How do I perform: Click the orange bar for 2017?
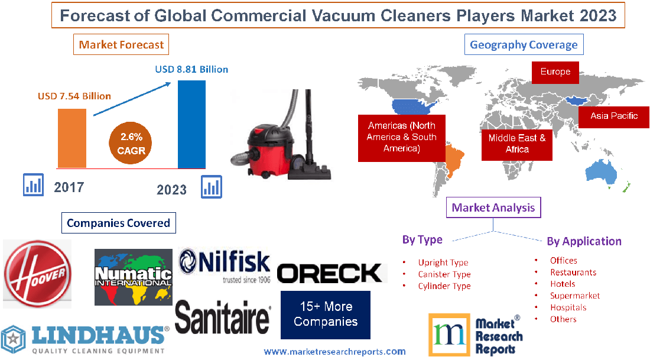[x=72, y=138]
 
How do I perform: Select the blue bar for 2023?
[x=191, y=124]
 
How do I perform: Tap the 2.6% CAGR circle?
[x=131, y=142]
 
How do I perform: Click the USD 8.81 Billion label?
[x=191, y=69]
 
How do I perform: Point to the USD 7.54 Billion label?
[x=74, y=96]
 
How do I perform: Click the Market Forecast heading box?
[x=121, y=44]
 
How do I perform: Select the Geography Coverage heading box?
[x=524, y=44]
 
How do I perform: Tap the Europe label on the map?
[x=555, y=72]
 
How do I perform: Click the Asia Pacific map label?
[x=614, y=116]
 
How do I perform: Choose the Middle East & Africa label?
[x=517, y=144]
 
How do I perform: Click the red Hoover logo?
[x=37, y=274]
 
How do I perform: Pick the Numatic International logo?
[x=134, y=277]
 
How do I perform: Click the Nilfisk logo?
[x=225, y=265]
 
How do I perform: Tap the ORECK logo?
[x=330, y=273]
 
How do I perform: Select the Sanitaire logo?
[x=223, y=317]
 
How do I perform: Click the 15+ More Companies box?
[x=326, y=315]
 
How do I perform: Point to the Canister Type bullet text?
[x=444, y=274]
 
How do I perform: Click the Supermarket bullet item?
[x=575, y=296]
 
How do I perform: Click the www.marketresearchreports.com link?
[x=335, y=352]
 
